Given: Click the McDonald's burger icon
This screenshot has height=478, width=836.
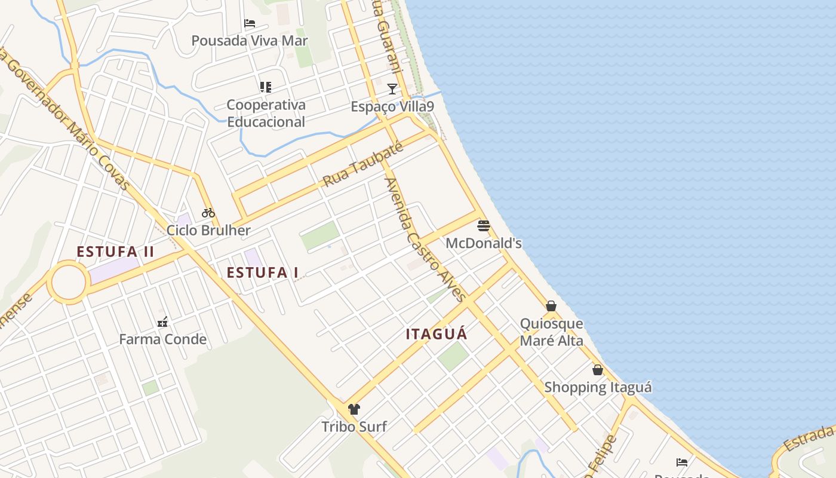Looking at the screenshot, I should (x=484, y=226).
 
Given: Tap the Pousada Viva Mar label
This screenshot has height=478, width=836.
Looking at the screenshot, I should (x=250, y=41).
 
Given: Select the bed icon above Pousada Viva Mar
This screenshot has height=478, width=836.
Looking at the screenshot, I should (x=250, y=23).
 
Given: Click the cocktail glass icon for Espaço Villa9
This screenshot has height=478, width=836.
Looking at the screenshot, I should (x=392, y=89).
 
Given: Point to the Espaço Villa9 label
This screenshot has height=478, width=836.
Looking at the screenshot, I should (x=392, y=106).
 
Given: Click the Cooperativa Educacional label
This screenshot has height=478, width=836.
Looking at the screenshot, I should (x=266, y=113).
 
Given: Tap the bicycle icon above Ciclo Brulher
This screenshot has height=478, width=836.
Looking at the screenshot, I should (x=208, y=212).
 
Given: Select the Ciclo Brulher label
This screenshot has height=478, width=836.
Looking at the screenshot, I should (x=208, y=230).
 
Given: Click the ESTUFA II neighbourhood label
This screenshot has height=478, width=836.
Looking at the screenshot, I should (x=115, y=252).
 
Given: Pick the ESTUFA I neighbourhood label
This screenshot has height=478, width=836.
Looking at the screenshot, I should (x=262, y=272).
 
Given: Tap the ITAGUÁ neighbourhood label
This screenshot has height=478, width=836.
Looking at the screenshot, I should (x=437, y=334).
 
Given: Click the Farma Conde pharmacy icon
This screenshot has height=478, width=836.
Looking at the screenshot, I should (x=162, y=322).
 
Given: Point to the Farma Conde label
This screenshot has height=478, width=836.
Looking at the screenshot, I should (x=162, y=339).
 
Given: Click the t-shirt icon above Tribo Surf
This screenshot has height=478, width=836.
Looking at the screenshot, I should (x=354, y=409).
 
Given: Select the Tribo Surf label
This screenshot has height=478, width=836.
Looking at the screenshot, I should (x=354, y=427).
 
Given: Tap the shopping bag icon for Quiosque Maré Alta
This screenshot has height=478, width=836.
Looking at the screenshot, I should (x=551, y=306).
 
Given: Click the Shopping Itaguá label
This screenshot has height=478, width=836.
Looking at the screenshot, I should (x=598, y=387).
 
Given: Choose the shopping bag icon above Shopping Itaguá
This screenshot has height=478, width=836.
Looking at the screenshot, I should (x=598, y=370).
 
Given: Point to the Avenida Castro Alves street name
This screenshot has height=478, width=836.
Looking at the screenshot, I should (x=425, y=239).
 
